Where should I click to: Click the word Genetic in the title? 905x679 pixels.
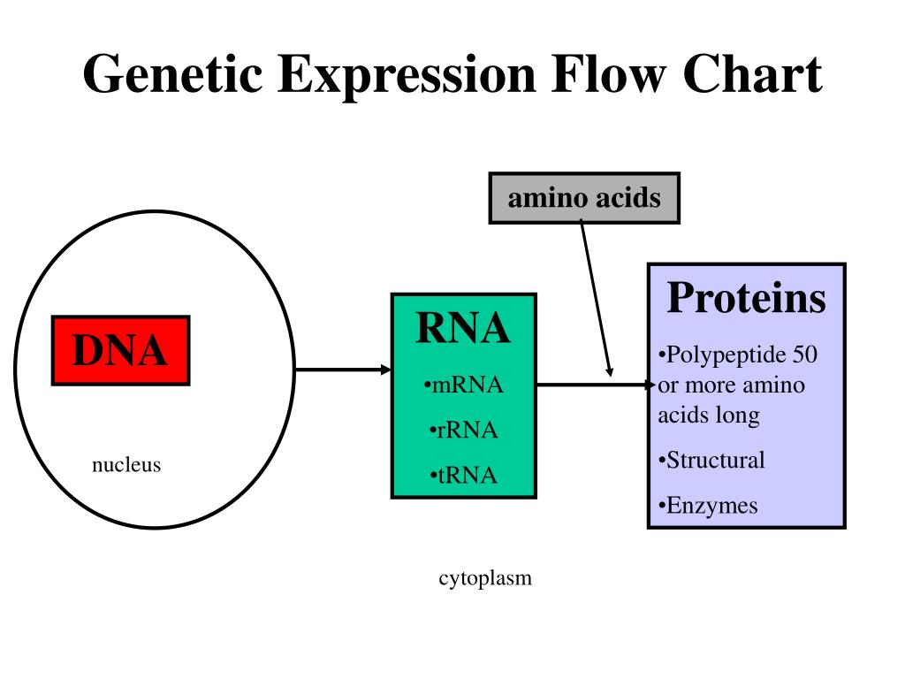173,74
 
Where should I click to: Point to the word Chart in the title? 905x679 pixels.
753,74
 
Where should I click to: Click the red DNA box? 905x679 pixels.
120,350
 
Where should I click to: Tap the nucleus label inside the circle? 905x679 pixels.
126,465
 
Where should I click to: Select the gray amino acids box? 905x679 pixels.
584,198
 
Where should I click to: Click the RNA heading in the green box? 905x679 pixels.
463,328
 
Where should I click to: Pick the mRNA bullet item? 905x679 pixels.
463,385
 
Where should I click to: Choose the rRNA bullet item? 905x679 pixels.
463,431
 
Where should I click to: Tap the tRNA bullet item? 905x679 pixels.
463,475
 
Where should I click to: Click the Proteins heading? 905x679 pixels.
746,298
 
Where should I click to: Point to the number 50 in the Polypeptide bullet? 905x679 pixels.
805,355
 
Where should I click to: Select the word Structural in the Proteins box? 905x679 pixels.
716,460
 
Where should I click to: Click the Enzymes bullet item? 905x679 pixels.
708,506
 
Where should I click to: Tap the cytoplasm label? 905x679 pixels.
485,578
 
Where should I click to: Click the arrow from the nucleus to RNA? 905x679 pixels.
344,370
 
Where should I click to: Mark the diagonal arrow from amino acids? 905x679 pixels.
597,299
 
